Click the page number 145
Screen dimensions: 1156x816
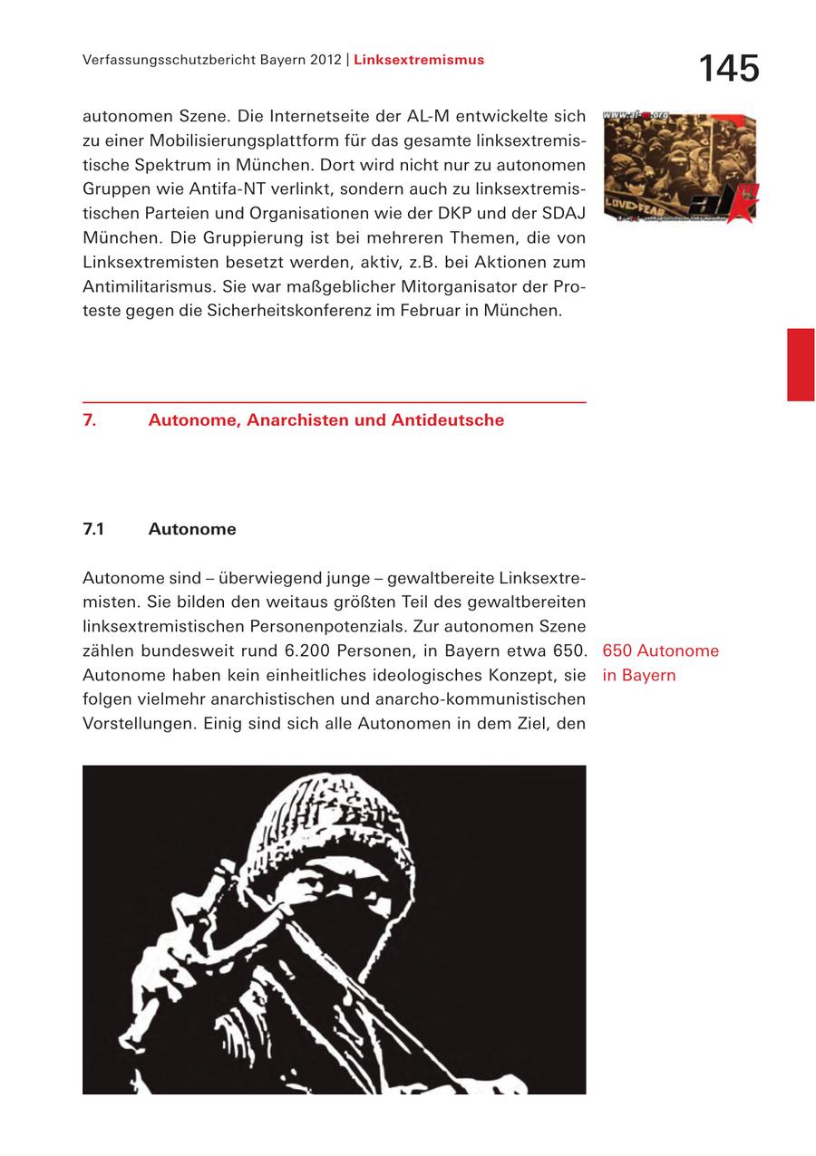pos(728,69)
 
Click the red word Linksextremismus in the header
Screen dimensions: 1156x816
pos(419,60)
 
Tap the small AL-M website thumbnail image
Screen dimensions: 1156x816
pos(679,167)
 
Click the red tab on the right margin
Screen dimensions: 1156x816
pos(800,364)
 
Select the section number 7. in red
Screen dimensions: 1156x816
pos(90,420)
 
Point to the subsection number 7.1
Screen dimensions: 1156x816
pos(92,529)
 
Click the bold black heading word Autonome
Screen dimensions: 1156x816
pos(192,529)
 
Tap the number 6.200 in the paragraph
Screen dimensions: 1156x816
pos(314,650)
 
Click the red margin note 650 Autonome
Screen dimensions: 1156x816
pos(660,650)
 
